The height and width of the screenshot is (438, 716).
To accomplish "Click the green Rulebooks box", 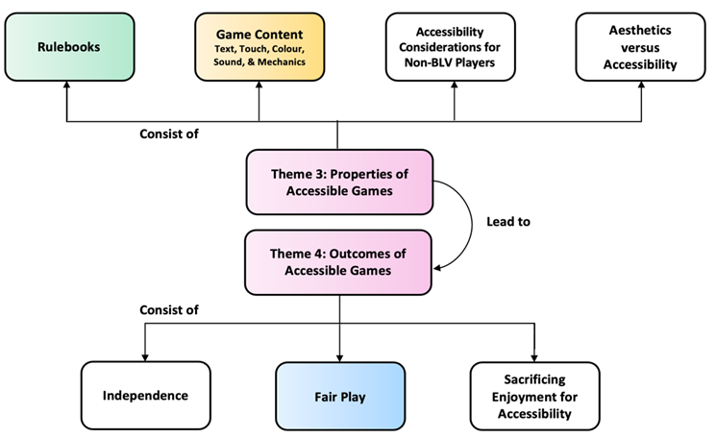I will (x=67, y=46).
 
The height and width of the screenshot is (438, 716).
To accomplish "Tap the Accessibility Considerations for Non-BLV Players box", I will (x=455, y=46).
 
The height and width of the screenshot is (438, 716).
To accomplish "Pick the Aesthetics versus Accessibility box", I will (x=640, y=46).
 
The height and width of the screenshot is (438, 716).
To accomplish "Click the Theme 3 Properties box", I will (x=337, y=181).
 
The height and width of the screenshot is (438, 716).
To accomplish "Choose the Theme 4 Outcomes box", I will (x=337, y=261).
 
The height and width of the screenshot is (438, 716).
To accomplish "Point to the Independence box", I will (x=144, y=395).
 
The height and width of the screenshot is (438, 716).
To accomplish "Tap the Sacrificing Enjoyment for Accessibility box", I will (x=534, y=395).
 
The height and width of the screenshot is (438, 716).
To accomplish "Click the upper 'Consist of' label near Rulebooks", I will (x=168, y=134).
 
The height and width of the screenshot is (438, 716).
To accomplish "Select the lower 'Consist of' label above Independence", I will (x=168, y=310).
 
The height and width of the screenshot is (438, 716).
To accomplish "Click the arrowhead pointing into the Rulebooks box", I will (x=66, y=86).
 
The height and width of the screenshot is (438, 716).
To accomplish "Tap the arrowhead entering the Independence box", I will (x=144, y=356).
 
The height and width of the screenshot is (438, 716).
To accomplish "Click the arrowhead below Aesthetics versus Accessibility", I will (x=639, y=86).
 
